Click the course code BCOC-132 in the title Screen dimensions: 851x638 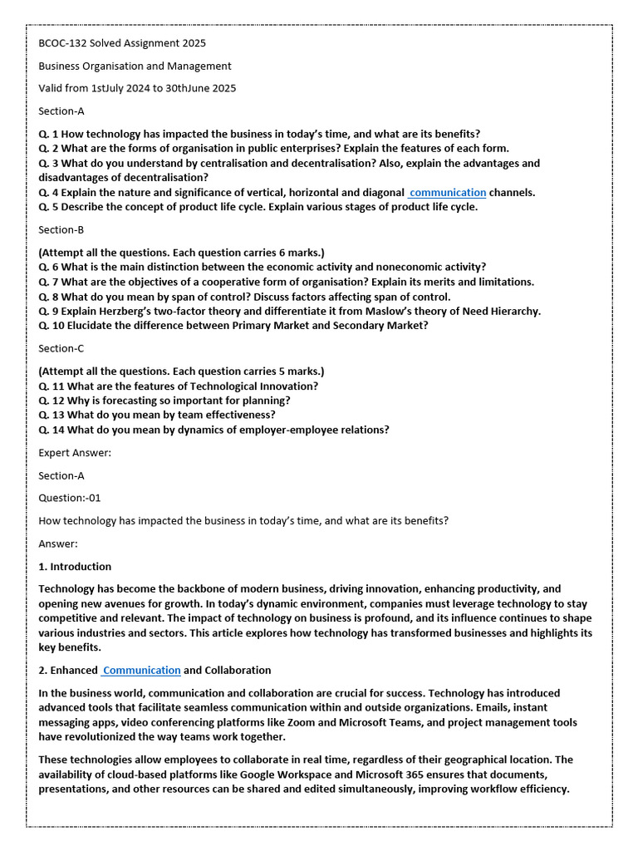(65, 42)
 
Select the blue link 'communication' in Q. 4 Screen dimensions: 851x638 (449, 192)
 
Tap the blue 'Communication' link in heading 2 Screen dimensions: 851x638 (142, 670)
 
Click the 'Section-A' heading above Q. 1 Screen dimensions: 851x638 (61, 111)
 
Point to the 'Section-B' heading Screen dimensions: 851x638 (61, 229)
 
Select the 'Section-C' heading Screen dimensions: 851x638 (61, 348)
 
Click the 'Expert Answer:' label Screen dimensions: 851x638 (75, 453)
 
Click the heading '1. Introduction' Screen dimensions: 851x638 (75, 566)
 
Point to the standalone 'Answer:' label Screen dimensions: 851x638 (58, 544)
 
